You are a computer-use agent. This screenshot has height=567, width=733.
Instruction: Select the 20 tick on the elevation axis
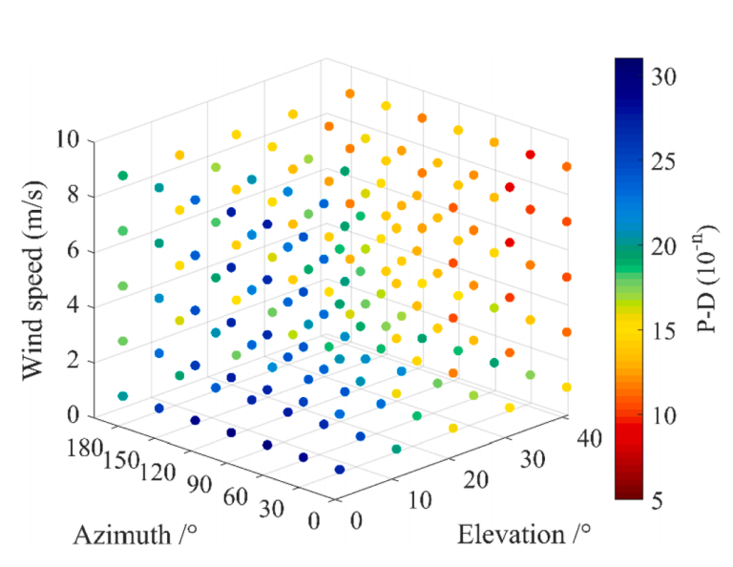pyautogui.click(x=477, y=478)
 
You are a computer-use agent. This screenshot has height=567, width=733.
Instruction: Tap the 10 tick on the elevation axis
pyautogui.click(x=420, y=499)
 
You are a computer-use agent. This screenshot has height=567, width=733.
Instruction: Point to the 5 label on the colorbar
pyautogui.click(x=659, y=500)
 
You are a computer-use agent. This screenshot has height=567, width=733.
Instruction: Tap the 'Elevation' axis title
pyautogui.click(x=520, y=535)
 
